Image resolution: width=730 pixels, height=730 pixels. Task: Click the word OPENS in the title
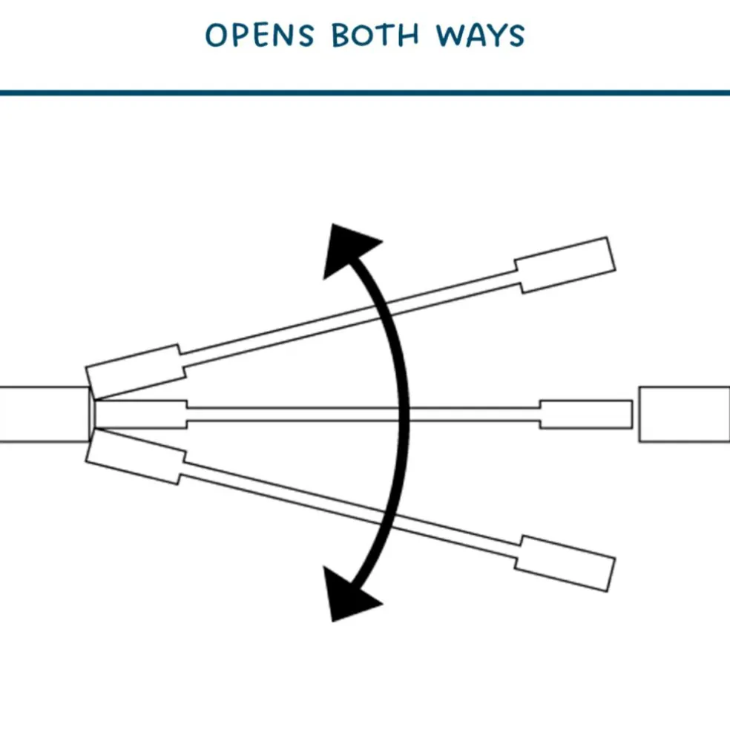pos(260,35)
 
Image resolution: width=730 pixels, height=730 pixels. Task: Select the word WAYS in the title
pos(480,35)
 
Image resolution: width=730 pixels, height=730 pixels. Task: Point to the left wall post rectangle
pos(43,414)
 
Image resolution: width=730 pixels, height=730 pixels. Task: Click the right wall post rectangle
pos(684,414)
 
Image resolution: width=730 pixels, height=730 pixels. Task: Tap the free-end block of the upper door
pos(565,265)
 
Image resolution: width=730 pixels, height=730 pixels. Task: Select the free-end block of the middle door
pos(585,414)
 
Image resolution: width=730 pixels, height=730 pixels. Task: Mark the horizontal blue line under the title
pos(365,93)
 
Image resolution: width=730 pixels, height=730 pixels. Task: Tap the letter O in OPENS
pos(216,35)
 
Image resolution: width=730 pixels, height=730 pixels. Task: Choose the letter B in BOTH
pos(341,35)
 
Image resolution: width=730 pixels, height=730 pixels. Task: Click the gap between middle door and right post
pos(636,414)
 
